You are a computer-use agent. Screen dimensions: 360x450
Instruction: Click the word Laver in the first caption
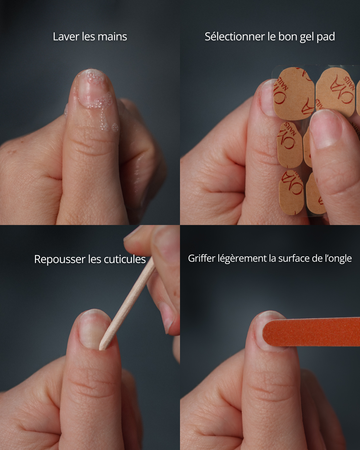click(66, 37)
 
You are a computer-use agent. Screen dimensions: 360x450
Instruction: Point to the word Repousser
click(60, 259)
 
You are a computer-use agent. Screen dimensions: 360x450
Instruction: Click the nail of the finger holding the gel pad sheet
click(325, 129)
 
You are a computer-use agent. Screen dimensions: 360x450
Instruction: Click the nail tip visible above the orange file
click(270, 315)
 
